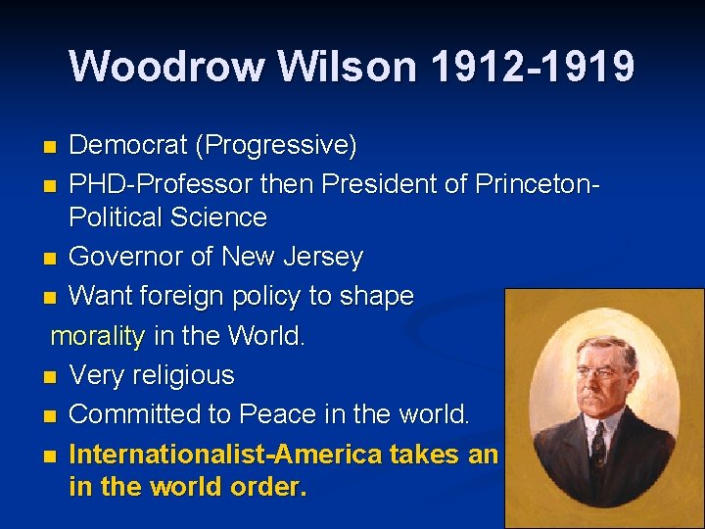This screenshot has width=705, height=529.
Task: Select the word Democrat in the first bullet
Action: pyautogui.click(x=128, y=146)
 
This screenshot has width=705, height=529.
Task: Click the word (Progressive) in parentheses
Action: pyautogui.click(x=276, y=146)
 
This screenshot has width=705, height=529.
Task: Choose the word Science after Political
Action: pyautogui.click(x=222, y=216)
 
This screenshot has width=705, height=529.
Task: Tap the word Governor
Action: pyautogui.click(x=132, y=258)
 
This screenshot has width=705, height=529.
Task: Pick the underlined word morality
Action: pyautogui.click(x=97, y=336)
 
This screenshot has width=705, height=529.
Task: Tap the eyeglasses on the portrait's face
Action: pyautogui.click(x=598, y=376)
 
